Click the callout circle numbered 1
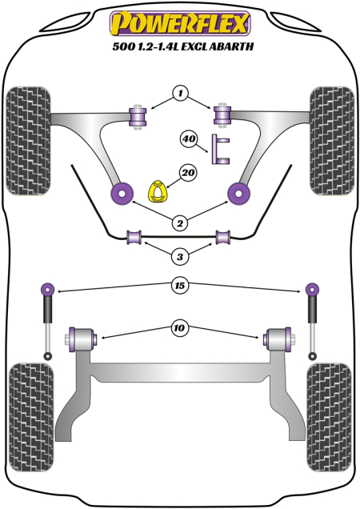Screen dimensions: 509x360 181,94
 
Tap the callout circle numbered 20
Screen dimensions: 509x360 189,172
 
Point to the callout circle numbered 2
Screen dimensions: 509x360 181,223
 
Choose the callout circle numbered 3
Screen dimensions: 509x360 181,256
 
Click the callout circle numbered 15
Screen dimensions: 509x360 181,284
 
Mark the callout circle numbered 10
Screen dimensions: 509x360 181,326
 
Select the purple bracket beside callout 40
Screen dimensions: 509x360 220,150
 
